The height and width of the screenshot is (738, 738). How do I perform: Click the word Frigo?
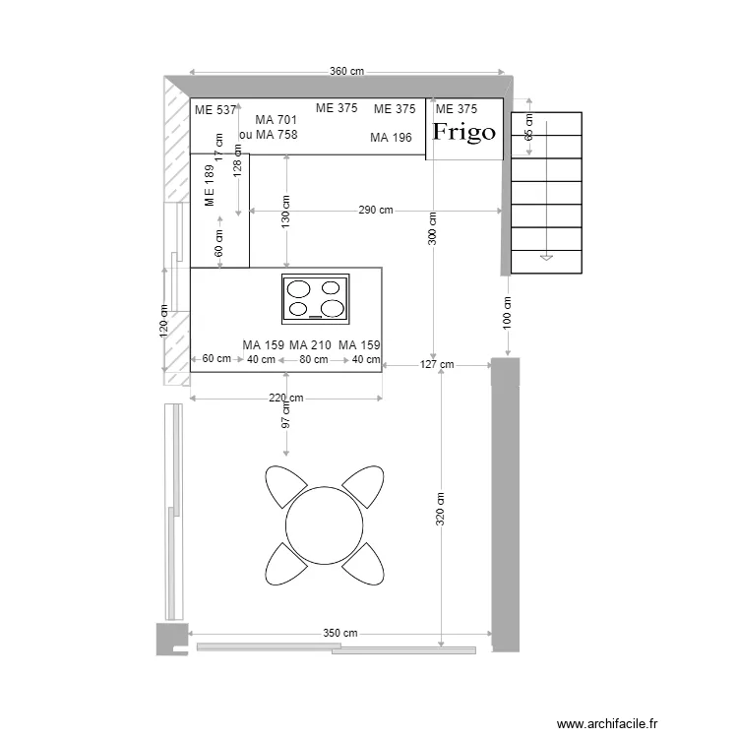point(464,132)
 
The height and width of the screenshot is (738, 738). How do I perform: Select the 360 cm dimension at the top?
point(346,71)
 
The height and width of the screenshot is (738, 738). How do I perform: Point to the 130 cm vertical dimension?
point(286,213)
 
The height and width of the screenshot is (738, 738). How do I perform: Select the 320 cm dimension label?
point(442,507)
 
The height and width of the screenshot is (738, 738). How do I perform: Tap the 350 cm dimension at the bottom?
point(340,633)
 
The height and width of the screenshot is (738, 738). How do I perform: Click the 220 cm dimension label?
point(285,399)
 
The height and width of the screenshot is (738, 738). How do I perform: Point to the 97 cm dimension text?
point(286,415)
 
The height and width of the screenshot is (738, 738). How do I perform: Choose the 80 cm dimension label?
point(314,360)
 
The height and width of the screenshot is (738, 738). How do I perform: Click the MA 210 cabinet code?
point(310,345)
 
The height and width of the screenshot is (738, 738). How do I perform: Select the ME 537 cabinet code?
point(215,110)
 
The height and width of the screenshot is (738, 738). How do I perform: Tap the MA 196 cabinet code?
point(391,138)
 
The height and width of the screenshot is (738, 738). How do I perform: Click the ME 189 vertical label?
point(209,186)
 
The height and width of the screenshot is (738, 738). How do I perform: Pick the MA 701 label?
point(277,120)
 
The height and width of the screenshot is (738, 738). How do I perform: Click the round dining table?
point(324,523)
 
